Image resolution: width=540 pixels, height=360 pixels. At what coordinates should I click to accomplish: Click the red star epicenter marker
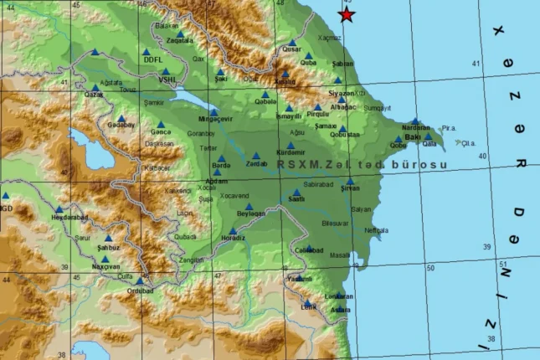[x=347, y=15]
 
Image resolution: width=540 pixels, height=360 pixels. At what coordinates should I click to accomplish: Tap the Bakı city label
[x=412, y=136]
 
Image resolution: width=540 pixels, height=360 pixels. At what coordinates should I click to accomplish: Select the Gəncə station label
[x=160, y=133]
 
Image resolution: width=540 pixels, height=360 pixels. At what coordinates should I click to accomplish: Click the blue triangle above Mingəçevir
[x=213, y=111]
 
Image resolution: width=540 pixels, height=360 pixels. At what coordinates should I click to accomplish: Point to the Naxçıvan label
[x=105, y=265]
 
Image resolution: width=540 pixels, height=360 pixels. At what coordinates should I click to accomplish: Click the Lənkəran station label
[x=338, y=296]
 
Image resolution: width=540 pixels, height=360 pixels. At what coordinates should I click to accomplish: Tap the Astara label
[x=340, y=310]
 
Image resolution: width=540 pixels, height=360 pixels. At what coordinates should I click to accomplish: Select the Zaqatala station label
[x=179, y=40]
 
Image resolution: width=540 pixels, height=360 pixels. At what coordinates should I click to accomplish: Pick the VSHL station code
[x=170, y=81]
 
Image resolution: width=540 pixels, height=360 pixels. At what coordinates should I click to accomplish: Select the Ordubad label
[x=138, y=291]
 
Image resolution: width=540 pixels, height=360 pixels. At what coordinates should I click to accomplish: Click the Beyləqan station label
[x=250, y=214]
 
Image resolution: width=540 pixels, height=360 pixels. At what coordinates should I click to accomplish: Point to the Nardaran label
[x=416, y=128]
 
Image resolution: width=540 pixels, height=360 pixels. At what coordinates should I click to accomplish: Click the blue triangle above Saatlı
[x=296, y=192]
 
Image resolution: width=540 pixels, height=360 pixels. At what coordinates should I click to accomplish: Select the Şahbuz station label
[x=109, y=247]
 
